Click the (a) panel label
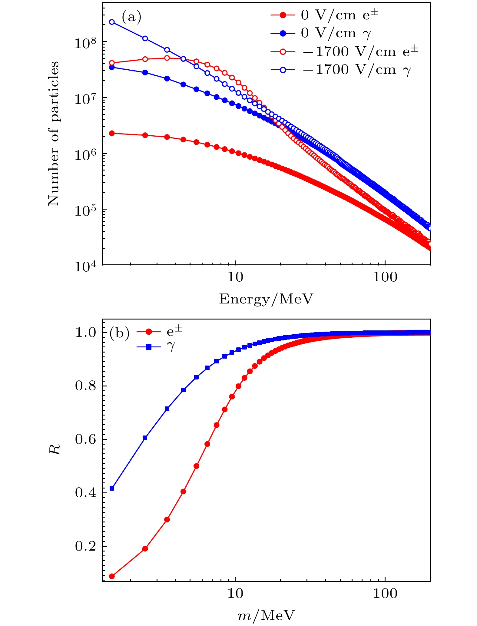[x=131, y=18]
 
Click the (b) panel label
[x=119, y=333]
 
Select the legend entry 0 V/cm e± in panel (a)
[x=339, y=15]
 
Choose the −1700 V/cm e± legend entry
[x=360, y=51]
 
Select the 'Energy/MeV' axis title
[x=266, y=299]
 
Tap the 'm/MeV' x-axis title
[x=266, y=615]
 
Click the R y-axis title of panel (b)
[x=55, y=449]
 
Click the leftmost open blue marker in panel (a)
[x=112, y=22]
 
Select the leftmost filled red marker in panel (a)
[x=112, y=133]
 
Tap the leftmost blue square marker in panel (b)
[x=112, y=488]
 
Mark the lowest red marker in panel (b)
[x=112, y=576]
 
